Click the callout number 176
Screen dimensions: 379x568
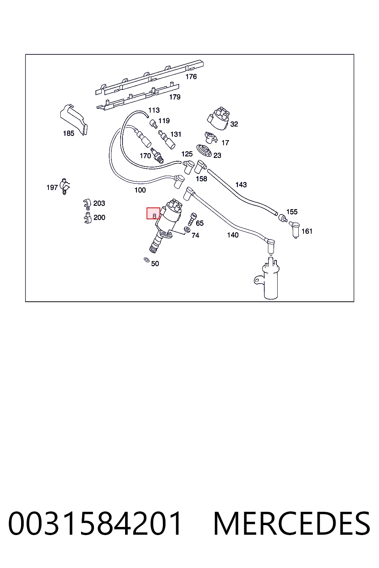(x=191, y=77)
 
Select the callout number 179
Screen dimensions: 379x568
(x=175, y=97)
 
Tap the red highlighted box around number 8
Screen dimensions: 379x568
(x=153, y=213)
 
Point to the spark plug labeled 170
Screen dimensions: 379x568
(x=157, y=155)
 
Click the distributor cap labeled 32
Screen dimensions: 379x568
(x=219, y=118)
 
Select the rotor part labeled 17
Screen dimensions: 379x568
(x=211, y=137)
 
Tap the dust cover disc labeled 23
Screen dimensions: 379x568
(x=204, y=151)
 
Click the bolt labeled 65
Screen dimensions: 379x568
(x=192, y=219)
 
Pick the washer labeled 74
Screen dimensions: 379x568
(x=187, y=230)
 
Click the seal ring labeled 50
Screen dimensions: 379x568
(x=147, y=260)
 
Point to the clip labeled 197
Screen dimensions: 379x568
(x=65, y=186)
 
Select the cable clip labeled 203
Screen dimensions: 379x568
(x=87, y=204)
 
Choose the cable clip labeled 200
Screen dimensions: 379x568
(x=87, y=218)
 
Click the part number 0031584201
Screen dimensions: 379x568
(x=95, y=523)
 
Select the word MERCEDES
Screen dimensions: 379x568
(x=292, y=523)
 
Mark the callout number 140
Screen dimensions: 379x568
(x=233, y=235)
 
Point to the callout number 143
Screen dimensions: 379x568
(x=241, y=185)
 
